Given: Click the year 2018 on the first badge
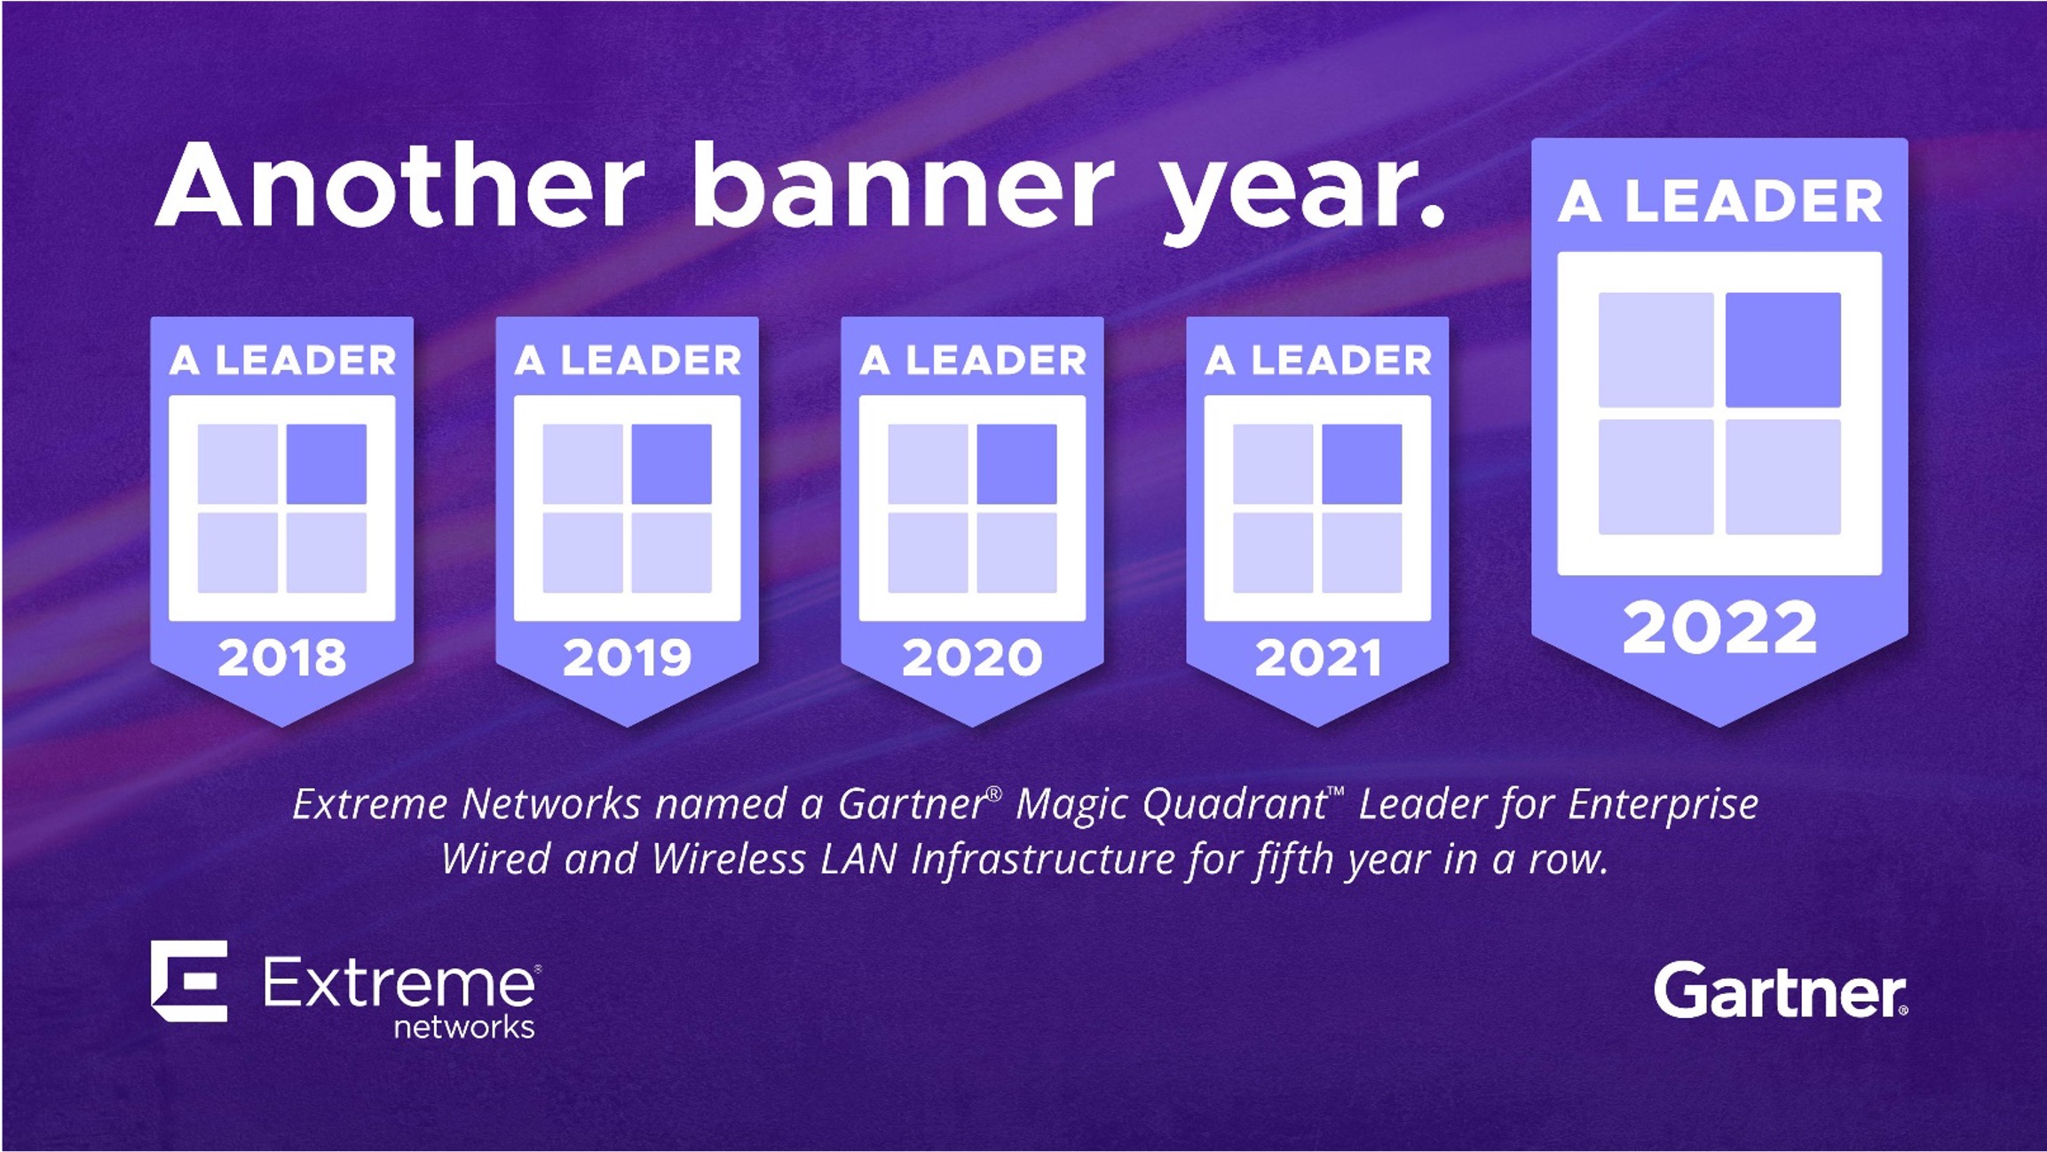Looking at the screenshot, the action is [282, 658].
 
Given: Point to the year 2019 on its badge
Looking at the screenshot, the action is [628, 658].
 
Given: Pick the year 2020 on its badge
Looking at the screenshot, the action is [972, 658].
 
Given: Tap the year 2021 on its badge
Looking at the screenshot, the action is [1318, 658].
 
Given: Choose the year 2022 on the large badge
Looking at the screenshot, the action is [1719, 627].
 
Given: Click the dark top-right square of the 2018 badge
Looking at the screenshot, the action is [327, 463].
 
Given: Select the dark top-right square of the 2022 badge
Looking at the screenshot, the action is [1782, 350].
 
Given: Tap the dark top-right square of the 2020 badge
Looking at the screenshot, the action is [1017, 463].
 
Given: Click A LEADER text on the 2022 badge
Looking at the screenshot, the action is [1719, 201].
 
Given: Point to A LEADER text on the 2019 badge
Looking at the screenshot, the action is [628, 360].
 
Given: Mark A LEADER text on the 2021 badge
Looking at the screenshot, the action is [1318, 360].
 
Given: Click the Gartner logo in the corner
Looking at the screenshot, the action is [1780, 990].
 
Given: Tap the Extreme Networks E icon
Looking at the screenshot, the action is [189, 981].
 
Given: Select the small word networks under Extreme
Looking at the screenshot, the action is [464, 1027].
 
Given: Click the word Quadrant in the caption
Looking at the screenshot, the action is [1235, 804].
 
